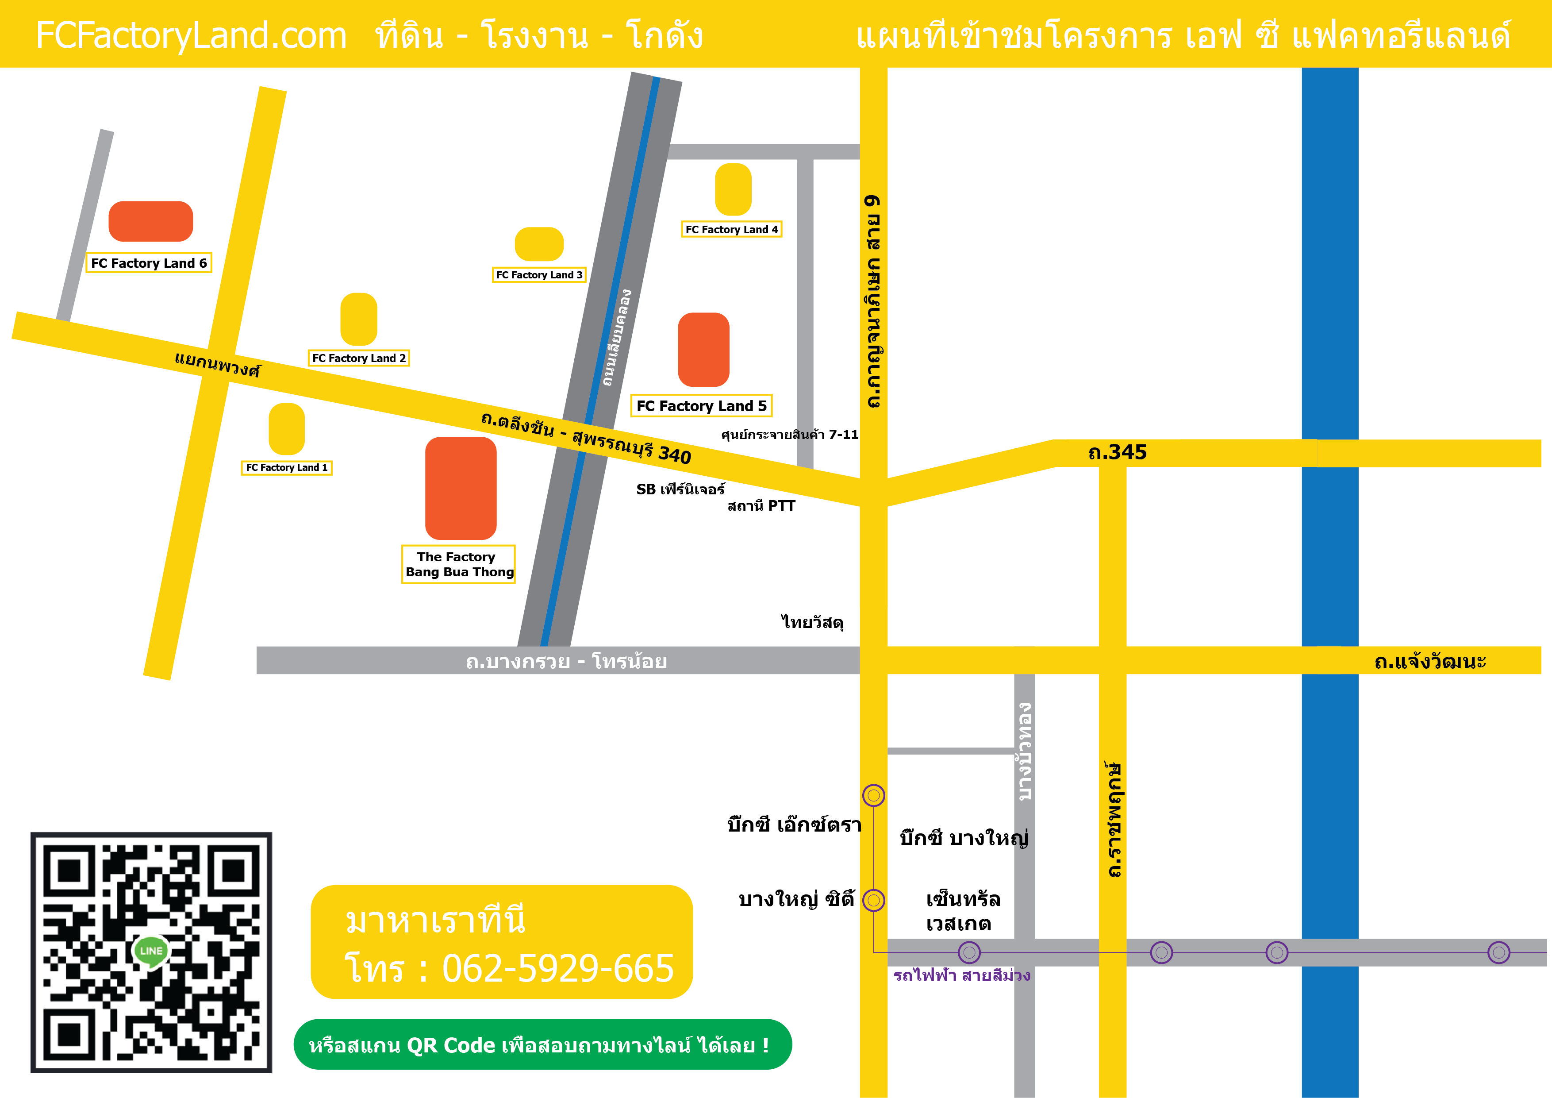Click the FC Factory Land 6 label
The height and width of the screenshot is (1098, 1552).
pyautogui.click(x=149, y=263)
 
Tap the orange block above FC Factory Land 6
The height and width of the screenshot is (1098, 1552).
pyautogui.click(x=151, y=221)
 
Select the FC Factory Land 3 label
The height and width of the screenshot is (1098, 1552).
pyautogui.click(x=539, y=274)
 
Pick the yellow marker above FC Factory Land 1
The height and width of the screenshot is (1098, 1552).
pyautogui.click(x=287, y=429)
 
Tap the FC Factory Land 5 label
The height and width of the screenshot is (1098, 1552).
pyautogui.click(x=701, y=406)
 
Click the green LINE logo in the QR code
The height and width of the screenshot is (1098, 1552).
pyautogui.click(x=151, y=951)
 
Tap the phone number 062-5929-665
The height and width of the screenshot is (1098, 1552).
pyautogui.click(x=557, y=968)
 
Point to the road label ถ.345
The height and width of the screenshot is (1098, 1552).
pyautogui.click(x=1118, y=452)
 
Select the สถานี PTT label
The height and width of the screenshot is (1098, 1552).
pyautogui.click(x=761, y=506)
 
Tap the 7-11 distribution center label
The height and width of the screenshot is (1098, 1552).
pyautogui.click(x=790, y=434)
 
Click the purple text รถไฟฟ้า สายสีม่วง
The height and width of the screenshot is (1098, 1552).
pyautogui.click(x=961, y=975)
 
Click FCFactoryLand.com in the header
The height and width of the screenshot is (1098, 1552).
pyautogui.click(x=191, y=35)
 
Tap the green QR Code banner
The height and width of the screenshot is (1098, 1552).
pyautogui.click(x=542, y=1044)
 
